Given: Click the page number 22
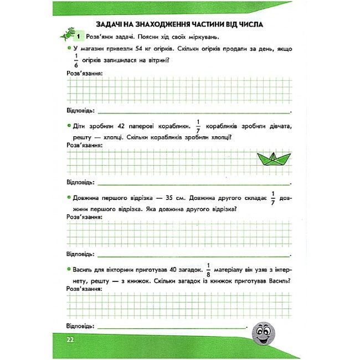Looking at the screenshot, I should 70,340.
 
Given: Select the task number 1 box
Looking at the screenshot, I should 79,37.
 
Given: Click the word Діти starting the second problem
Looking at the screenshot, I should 81,125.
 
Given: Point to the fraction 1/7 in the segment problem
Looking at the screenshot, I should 273,198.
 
